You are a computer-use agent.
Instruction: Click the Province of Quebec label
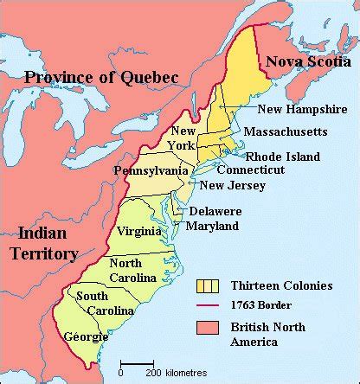click(x=101, y=78)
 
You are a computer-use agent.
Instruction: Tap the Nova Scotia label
click(x=305, y=61)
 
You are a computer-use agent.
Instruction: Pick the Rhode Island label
click(x=283, y=157)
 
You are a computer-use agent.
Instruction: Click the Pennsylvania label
click(x=151, y=171)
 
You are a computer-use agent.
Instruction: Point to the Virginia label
click(x=138, y=232)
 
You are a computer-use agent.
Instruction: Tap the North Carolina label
click(x=132, y=271)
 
